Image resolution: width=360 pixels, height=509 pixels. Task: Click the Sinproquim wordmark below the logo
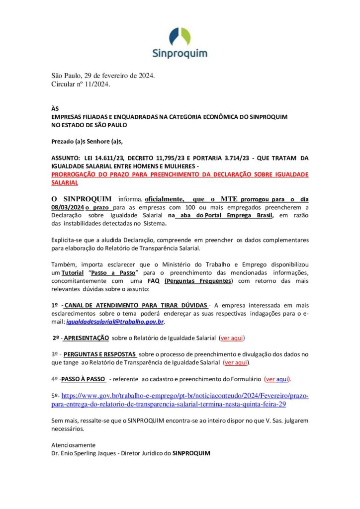click(x=180, y=54)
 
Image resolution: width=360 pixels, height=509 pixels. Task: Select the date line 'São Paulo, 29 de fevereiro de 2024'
click(x=103, y=76)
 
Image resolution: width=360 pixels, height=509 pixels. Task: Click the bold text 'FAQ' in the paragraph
click(x=153, y=281)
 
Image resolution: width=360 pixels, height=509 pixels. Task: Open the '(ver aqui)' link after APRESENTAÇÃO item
click(x=232, y=338)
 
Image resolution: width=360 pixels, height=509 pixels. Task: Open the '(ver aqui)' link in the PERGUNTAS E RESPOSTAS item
click(x=236, y=362)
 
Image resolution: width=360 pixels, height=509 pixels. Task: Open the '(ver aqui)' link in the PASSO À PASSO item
click(x=277, y=379)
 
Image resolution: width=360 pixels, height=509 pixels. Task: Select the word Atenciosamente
click(x=74, y=444)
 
